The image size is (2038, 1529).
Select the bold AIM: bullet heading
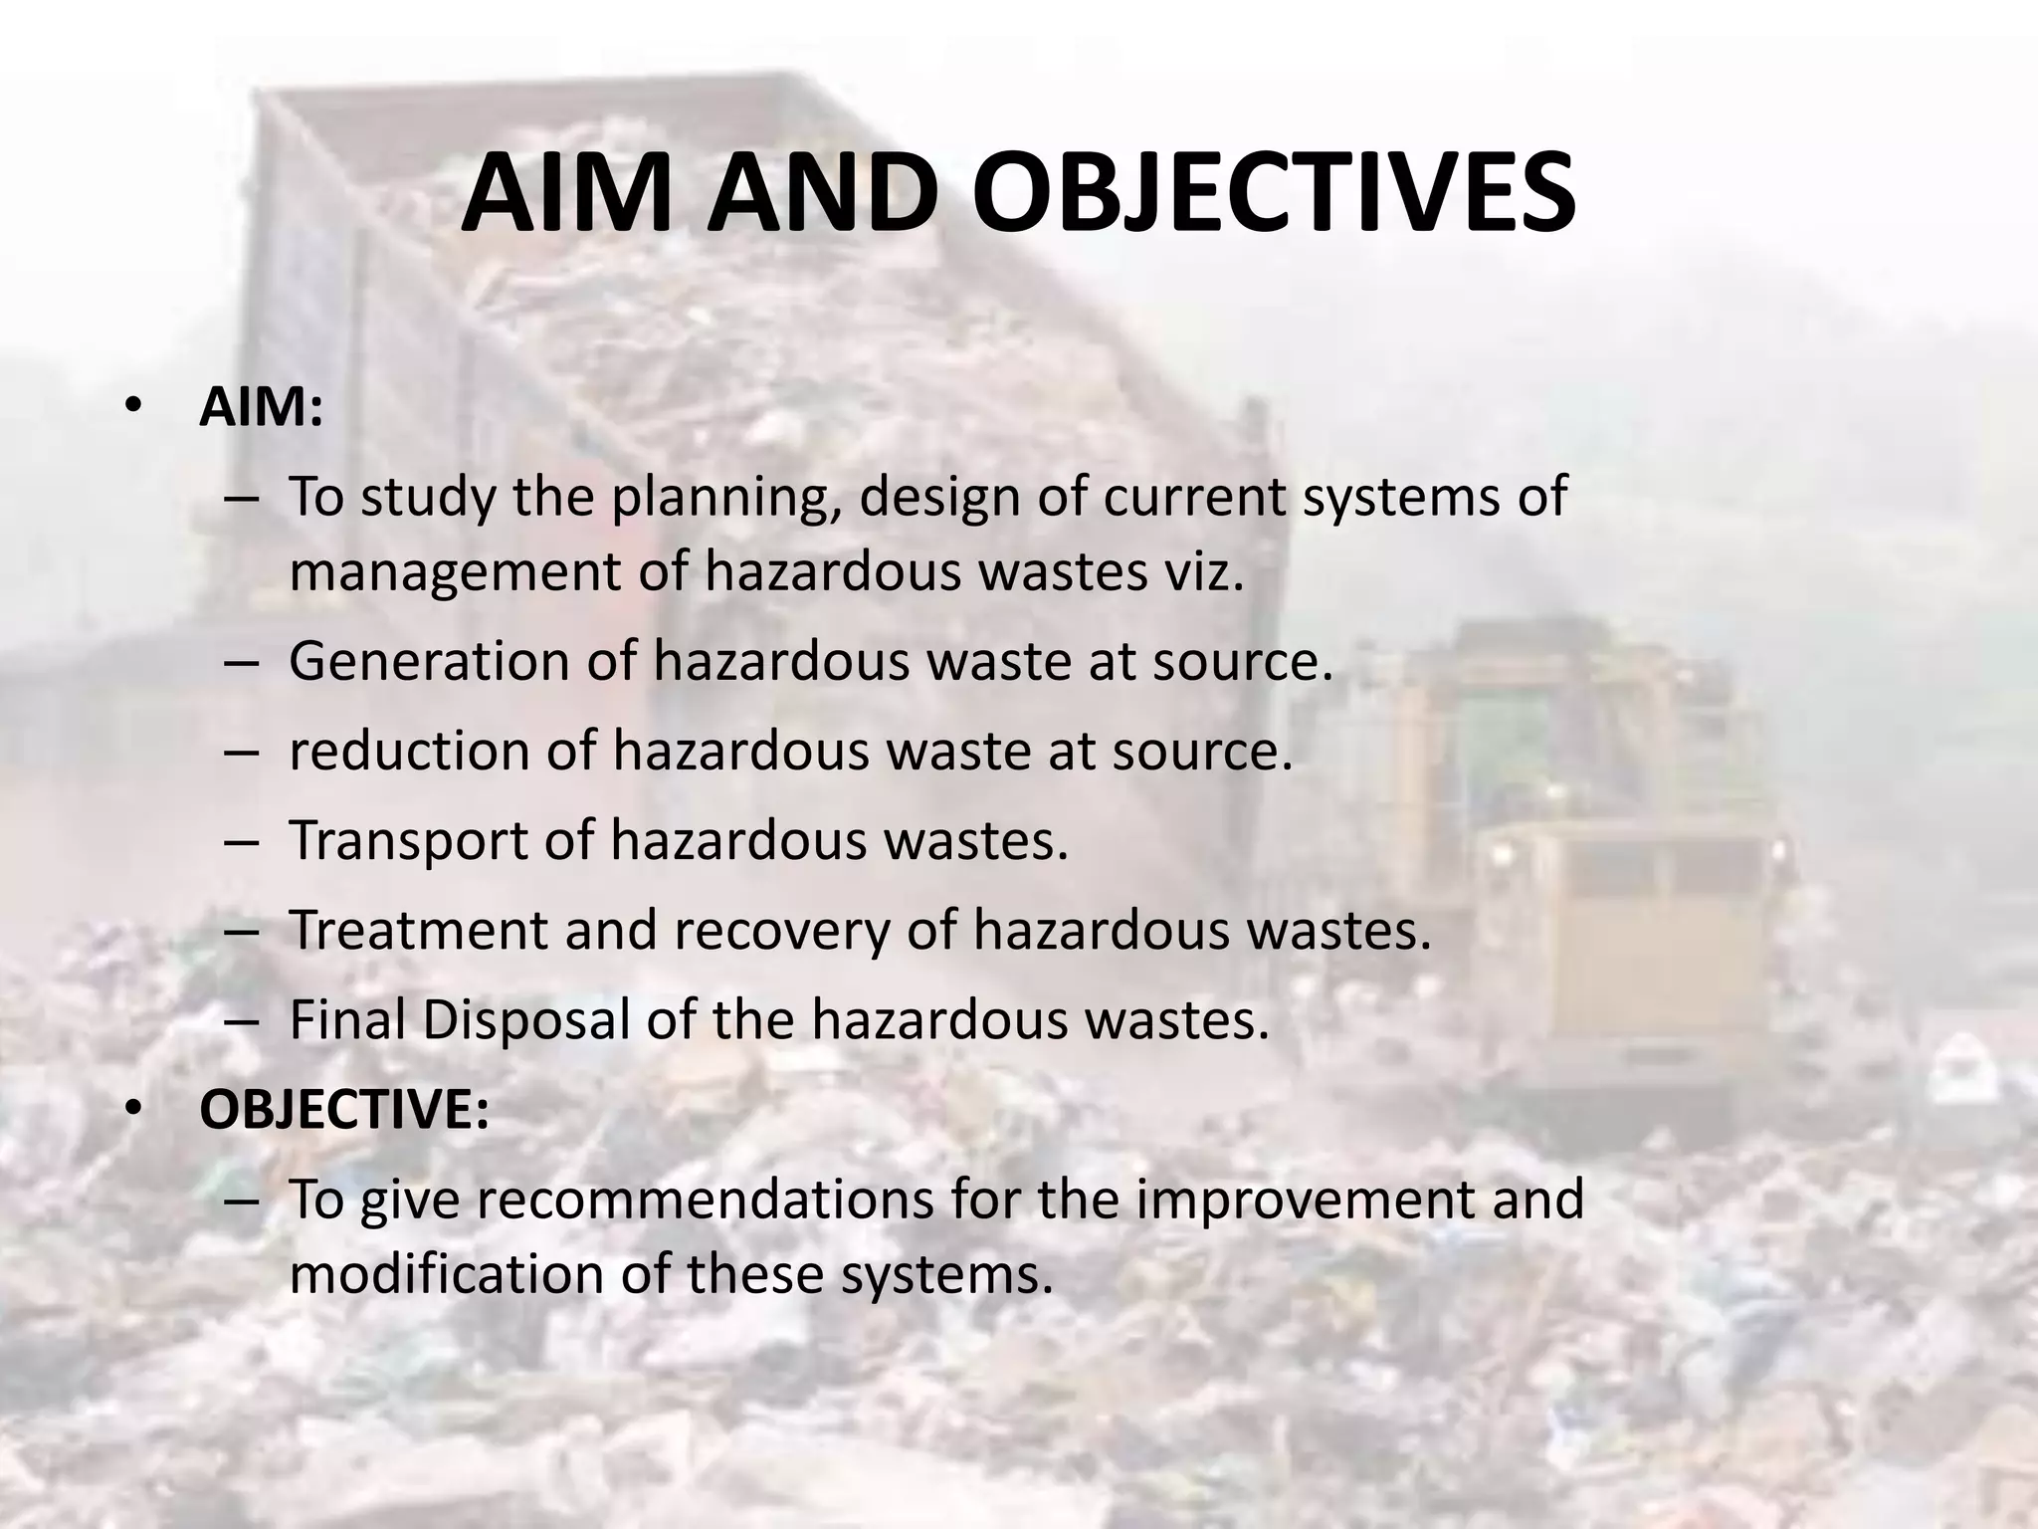coord(261,407)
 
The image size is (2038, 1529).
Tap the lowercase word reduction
coord(407,750)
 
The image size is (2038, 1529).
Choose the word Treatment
coord(418,930)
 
